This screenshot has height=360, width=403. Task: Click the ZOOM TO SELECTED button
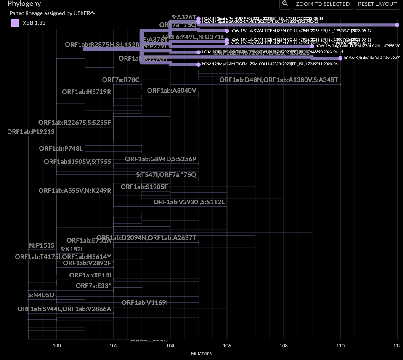[323, 4]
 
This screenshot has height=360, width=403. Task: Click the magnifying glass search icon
[285, 4]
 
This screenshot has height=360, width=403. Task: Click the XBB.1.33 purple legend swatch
[15, 23]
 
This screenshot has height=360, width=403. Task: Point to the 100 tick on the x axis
[57, 345]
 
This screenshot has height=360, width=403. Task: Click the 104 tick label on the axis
[170, 345]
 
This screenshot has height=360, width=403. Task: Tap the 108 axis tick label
[284, 345]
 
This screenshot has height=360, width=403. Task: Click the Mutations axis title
[201, 353]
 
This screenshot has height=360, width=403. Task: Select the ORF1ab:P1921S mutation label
[32, 132]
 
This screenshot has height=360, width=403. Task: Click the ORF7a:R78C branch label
[121, 80]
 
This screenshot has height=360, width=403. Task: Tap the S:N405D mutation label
[41, 295]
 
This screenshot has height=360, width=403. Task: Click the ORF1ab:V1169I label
[145, 303]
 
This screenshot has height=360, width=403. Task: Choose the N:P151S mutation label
[42, 245]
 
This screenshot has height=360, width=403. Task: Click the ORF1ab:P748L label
[61, 148]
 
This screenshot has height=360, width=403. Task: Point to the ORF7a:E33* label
[93, 286]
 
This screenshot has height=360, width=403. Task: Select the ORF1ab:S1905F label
[144, 187]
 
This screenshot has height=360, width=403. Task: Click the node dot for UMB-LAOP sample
[340, 58]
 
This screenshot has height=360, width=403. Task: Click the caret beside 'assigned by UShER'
[93, 13]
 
